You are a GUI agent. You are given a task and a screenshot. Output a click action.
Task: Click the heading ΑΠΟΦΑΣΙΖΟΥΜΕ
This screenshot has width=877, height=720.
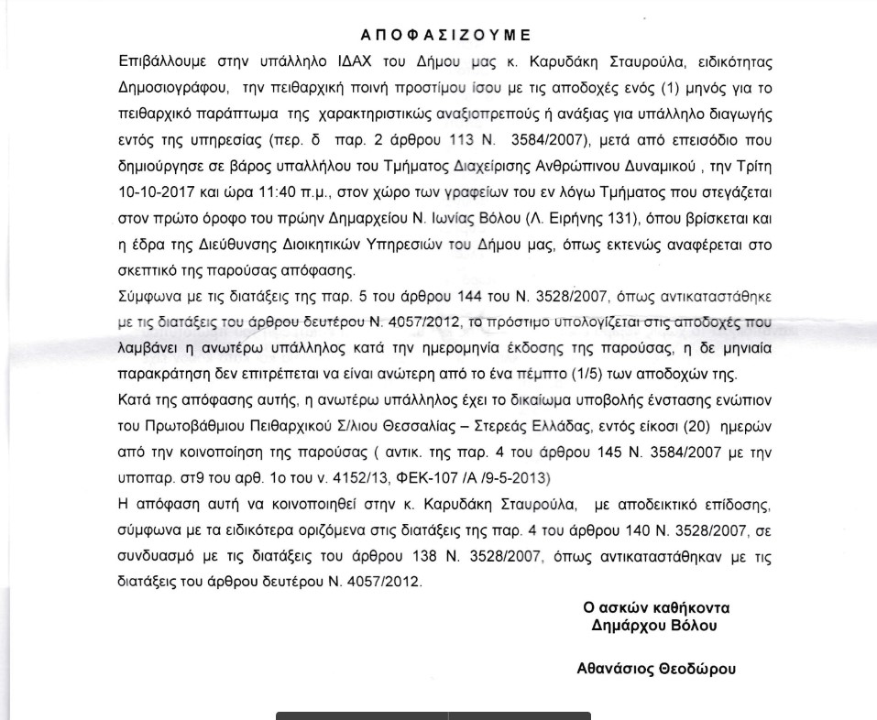pyautogui.click(x=445, y=36)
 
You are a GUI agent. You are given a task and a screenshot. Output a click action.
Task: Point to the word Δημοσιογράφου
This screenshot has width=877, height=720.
pyautogui.click(x=170, y=89)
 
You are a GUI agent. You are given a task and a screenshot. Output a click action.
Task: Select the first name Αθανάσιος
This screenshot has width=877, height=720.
pyautogui.click(x=614, y=669)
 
